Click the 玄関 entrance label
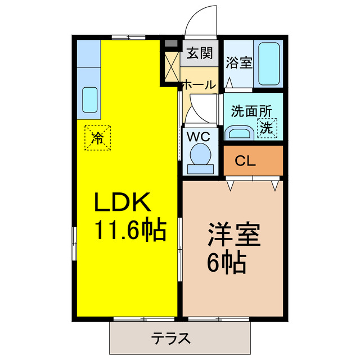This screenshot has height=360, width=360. click(199, 54)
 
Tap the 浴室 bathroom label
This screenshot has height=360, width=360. click(239, 62)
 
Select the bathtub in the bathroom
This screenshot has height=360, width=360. click(270, 64)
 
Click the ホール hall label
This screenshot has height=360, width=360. click(199, 85)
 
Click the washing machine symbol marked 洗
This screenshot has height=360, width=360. click(267, 128)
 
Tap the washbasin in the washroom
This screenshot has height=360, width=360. click(239, 133)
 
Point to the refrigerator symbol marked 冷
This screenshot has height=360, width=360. click(98, 137)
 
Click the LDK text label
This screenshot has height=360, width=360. click(121, 201)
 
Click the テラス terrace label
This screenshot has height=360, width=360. click(171, 339)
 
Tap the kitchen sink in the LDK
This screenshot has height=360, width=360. click(90, 99)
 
